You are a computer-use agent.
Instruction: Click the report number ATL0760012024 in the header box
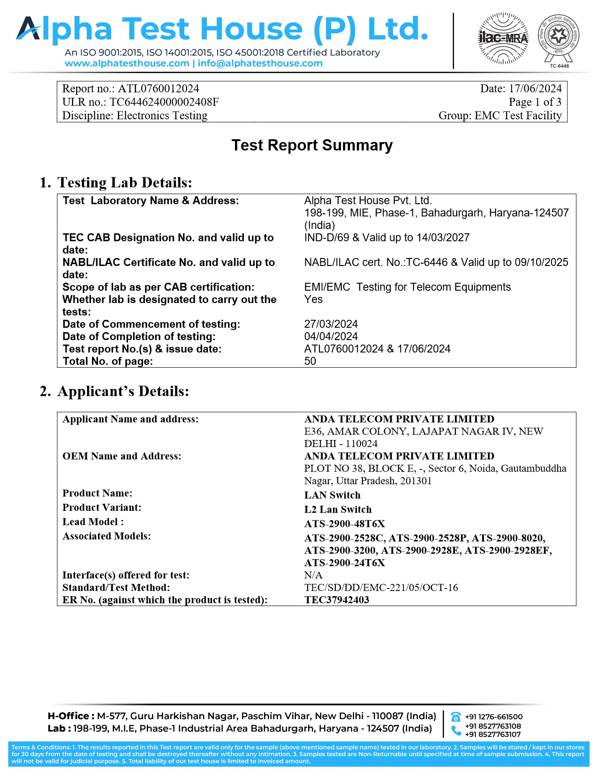159,89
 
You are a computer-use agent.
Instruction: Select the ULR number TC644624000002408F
164,102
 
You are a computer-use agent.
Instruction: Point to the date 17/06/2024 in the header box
535,89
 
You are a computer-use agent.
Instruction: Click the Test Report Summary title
312,145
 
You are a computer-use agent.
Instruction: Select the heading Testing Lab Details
124,182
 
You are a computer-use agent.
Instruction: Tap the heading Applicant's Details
123,391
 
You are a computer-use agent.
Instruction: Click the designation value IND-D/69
326,238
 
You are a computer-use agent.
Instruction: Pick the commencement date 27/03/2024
331,324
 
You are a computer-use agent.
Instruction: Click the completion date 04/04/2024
331,336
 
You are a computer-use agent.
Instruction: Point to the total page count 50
310,361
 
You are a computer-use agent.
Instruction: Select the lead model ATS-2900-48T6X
344,524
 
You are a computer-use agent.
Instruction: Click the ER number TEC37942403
336,600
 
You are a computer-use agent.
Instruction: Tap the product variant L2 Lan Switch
338,509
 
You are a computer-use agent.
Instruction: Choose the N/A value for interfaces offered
313,575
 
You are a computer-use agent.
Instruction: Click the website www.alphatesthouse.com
127,63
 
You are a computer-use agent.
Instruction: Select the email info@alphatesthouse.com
260,63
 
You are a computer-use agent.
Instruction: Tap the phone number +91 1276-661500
493,717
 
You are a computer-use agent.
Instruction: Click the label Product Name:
97,493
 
